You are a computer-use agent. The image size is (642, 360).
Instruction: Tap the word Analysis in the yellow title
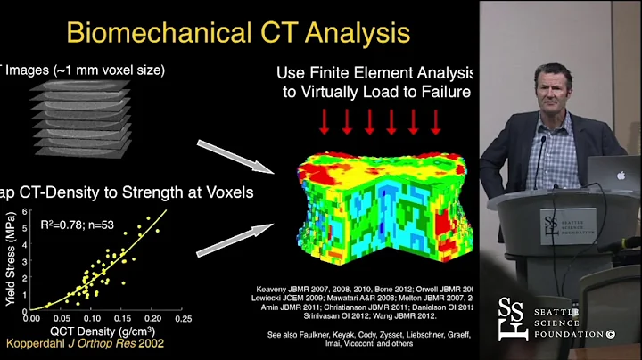350,35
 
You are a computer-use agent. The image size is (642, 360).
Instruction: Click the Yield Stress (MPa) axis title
9,258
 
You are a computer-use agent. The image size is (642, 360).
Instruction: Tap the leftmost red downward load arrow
325,122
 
